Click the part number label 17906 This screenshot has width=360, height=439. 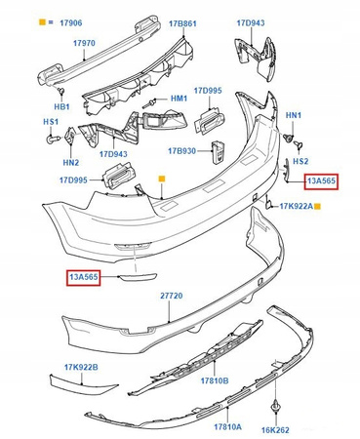[71, 22]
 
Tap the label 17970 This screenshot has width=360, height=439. [84, 43]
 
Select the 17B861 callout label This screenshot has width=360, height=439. [182, 23]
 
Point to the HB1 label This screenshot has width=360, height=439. [61, 106]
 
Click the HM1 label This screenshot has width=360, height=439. [179, 99]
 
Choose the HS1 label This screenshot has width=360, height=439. [51, 122]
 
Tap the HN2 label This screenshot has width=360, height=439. [71, 162]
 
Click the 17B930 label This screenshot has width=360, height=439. [181, 151]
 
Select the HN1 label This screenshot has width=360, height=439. [294, 115]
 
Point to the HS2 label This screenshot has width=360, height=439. [300, 161]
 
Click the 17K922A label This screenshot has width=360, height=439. [296, 206]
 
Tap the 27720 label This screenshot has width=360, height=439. [172, 296]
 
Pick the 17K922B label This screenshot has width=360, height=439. [81, 367]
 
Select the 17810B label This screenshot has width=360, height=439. [215, 380]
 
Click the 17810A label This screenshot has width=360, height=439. [227, 426]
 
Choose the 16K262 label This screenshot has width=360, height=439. [275, 430]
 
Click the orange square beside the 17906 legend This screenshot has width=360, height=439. [42, 22]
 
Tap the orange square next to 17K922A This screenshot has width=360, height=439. [318, 206]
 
